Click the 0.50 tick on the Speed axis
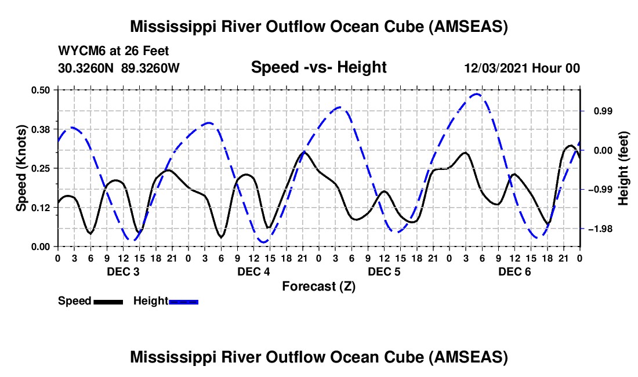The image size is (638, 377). tap(40, 90)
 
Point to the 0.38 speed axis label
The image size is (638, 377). tap(40, 129)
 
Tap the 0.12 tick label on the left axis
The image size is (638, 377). tap(40, 208)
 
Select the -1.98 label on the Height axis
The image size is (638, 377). tap(600, 229)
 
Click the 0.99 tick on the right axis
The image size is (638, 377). tap(603, 111)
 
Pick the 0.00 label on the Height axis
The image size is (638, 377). tap(603, 151)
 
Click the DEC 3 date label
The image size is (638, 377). tap(123, 271)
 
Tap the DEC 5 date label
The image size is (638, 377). tap(384, 271)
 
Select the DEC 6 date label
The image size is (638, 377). tap(514, 271)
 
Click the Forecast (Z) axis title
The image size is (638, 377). tap(319, 287)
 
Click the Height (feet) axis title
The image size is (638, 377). tap(623, 168)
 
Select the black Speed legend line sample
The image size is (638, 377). tap(108, 302)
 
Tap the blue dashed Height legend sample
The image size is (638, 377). tap(183, 302)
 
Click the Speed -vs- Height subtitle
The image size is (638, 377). tap(319, 67)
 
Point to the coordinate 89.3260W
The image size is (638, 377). tap(150, 68)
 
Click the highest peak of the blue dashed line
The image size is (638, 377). tap(476, 94)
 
